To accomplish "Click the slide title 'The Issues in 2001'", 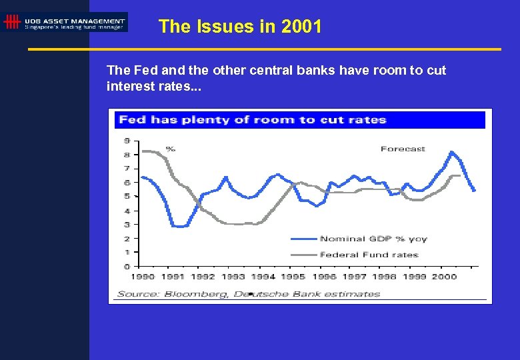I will pyautogui.click(x=240, y=27).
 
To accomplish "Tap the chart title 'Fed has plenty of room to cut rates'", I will pyautogui.click(x=252, y=120).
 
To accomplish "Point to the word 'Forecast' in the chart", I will pyautogui.click(x=403, y=149).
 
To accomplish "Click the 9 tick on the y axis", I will pyautogui.click(x=127, y=141).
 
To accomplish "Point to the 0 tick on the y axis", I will pyautogui.click(x=127, y=267).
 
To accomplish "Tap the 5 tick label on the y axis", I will pyautogui.click(x=127, y=197).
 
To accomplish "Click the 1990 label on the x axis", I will pyautogui.click(x=143, y=277).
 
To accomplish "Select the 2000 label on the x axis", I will pyautogui.click(x=445, y=277).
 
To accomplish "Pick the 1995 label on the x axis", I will pyautogui.click(x=293, y=277).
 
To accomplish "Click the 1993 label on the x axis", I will pyautogui.click(x=233, y=277).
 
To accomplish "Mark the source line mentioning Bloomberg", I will pyautogui.click(x=249, y=293).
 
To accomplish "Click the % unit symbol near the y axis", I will pyautogui.click(x=170, y=149).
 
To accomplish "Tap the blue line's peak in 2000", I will pyautogui.click(x=452, y=152).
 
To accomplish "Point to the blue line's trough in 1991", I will pyautogui.click(x=179, y=227).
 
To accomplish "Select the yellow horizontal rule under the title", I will pyautogui.click(x=264, y=49).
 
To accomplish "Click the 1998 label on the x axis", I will pyautogui.click(x=384, y=277).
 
